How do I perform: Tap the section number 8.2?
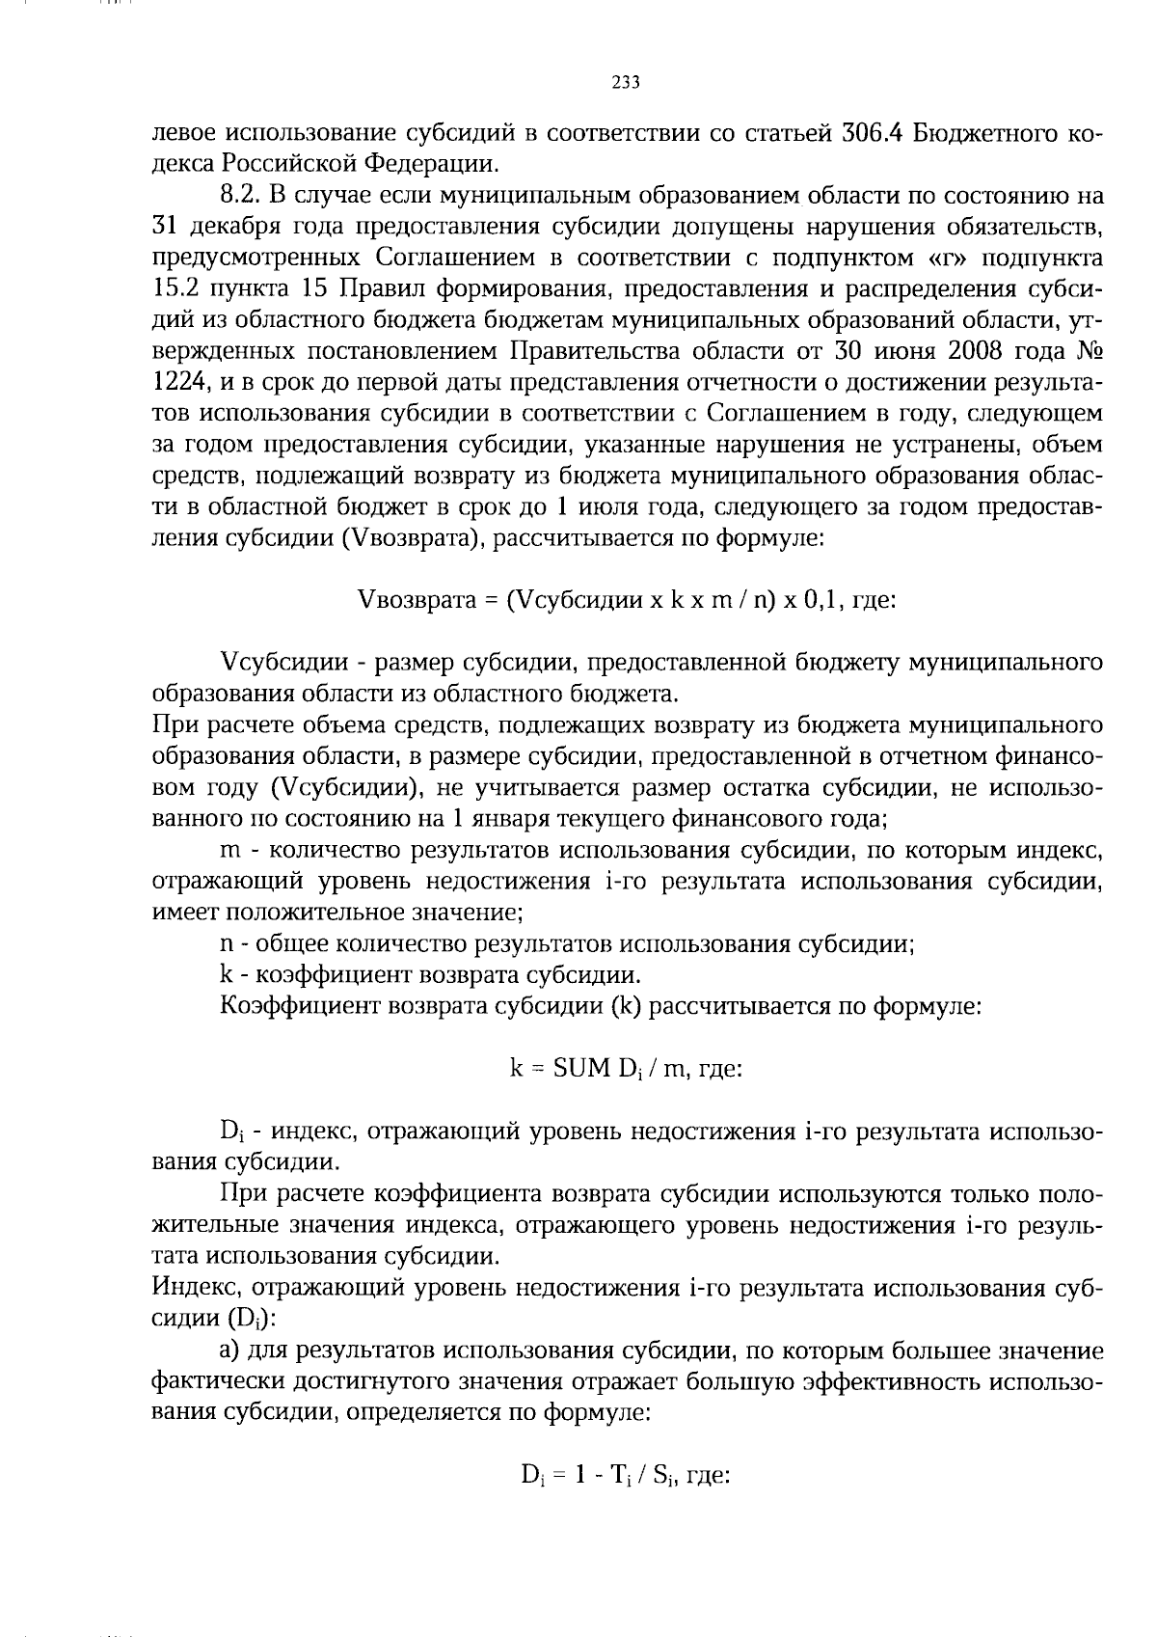(x=237, y=196)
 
